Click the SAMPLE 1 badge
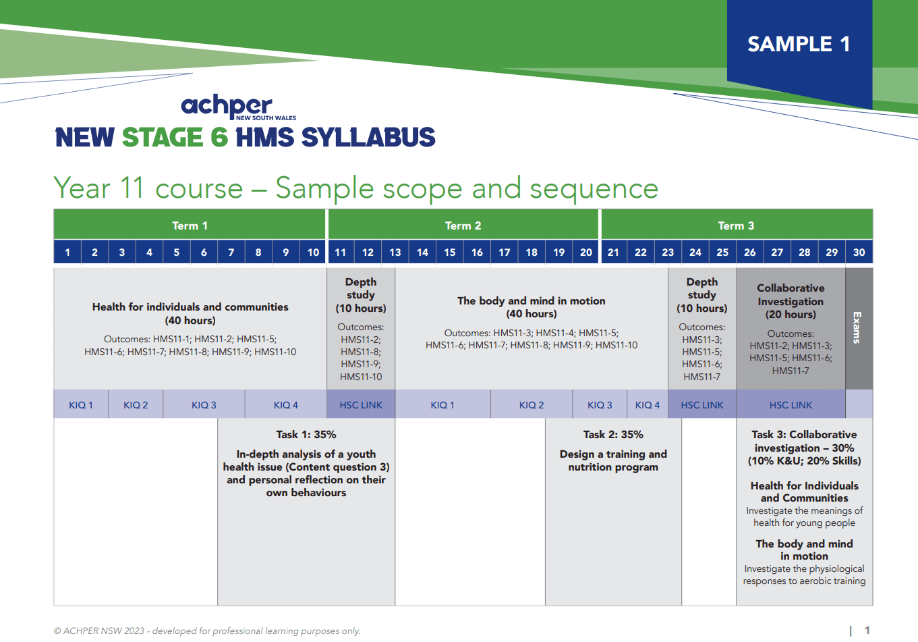[x=799, y=45]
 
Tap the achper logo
[x=227, y=106]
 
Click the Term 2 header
[x=463, y=225]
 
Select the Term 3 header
[x=736, y=225]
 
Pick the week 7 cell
[x=231, y=252]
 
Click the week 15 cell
[x=449, y=252]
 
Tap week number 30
[x=859, y=252]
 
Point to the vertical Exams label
[x=857, y=327]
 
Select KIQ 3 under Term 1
[x=204, y=405]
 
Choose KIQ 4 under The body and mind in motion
[x=648, y=405]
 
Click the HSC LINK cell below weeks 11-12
[x=361, y=405]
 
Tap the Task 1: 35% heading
[x=306, y=435]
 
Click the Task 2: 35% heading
[x=613, y=435]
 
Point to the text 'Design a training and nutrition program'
[x=613, y=460]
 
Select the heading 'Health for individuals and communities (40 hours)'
[x=190, y=313]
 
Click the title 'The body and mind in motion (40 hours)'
[x=532, y=307]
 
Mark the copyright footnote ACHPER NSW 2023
[x=207, y=631]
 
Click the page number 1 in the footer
[x=867, y=631]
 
